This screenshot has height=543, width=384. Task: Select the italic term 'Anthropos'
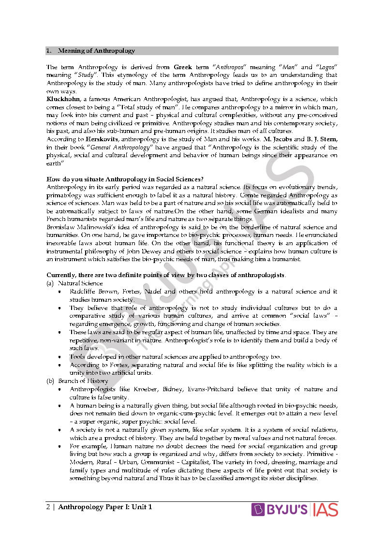click(x=231, y=67)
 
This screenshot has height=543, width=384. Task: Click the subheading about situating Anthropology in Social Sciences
click(x=125, y=180)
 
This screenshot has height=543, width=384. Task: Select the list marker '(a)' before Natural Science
click(x=50, y=283)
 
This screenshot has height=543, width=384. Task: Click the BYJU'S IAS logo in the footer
click(x=295, y=509)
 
